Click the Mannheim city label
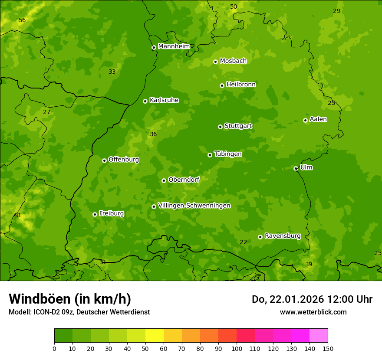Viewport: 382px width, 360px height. tap(174, 46)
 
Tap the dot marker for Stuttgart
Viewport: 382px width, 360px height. tap(220, 127)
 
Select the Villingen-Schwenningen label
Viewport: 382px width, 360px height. tap(194, 206)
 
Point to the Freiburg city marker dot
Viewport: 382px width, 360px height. tap(95, 214)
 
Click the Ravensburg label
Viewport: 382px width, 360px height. tap(283, 236)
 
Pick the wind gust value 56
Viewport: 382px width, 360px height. tap(22, 20)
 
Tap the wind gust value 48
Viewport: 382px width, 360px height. tap(17, 216)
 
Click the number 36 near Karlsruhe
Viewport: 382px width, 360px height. tap(153, 134)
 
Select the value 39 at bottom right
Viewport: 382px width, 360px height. tap(309, 265)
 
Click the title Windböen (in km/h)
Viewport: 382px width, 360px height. tap(70, 299)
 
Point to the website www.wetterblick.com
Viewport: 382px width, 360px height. tap(313, 312)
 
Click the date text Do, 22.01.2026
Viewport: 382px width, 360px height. tap(286, 299)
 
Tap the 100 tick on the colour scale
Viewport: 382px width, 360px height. tap(237, 348)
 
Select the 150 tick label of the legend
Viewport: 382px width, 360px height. tap(328, 348)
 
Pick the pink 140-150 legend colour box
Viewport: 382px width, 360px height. tap(319, 336)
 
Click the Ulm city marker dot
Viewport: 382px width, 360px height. tap(296, 168)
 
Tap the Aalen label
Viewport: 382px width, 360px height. tap(318, 119)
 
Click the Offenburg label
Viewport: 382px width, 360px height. tap(124, 160)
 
